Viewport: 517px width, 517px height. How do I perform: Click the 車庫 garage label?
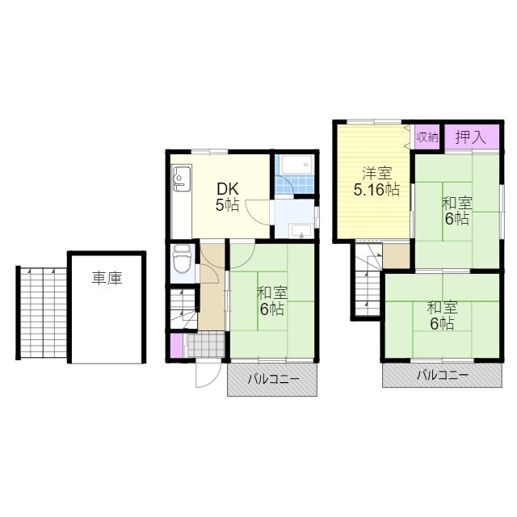pyautogui.click(x=107, y=278)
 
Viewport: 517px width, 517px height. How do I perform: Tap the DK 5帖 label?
pyautogui.click(x=227, y=197)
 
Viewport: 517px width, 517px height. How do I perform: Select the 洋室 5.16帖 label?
pyautogui.click(x=376, y=181)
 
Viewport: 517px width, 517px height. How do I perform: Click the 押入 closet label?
pyautogui.click(x=471, y=137)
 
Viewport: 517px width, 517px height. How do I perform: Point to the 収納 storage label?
pyautogui.click(x=427, y=137)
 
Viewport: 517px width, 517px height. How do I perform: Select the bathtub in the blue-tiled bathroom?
pyautogui.click(x=296, y=165)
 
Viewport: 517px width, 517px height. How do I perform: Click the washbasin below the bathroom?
pyautogui.click(x=301, y=231)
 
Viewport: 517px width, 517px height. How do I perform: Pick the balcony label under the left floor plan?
pyautogui.click(x=274, y=379)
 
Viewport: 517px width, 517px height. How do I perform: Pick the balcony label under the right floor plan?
pyautogui.click(x=443, y=375)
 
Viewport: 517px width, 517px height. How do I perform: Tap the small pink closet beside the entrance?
pyautogui.click(x=177, y=346)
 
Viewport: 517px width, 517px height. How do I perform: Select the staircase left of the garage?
pyautogui.click(x=43, y=313)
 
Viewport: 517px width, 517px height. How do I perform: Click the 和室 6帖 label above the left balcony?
pyautogui.click(x=272, y=301)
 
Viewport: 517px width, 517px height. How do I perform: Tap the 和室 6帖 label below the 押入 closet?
pyautogui.click(x=457, y=211)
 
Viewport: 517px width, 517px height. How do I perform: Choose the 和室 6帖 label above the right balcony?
pyautogui.click(x=442, y=316)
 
